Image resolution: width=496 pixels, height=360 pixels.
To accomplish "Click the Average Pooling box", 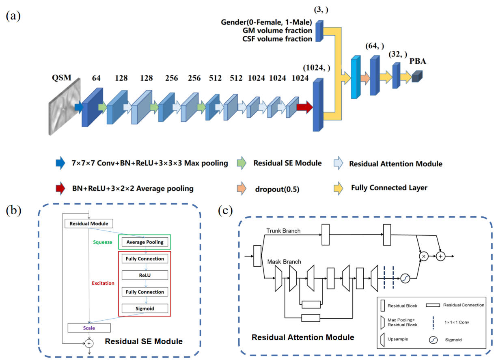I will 144,242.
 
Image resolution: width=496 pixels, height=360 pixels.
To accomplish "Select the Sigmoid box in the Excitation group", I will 144,308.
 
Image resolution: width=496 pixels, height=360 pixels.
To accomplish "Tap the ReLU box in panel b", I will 144,275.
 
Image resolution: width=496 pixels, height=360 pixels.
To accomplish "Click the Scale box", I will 89,327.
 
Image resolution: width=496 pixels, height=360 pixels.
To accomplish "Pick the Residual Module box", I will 89,224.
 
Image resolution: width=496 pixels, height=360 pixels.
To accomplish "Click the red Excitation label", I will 103,283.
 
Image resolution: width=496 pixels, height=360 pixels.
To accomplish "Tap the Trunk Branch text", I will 283,231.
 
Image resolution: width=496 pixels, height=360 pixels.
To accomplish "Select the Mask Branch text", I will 284,262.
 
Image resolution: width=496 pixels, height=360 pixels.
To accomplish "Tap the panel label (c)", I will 225,211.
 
